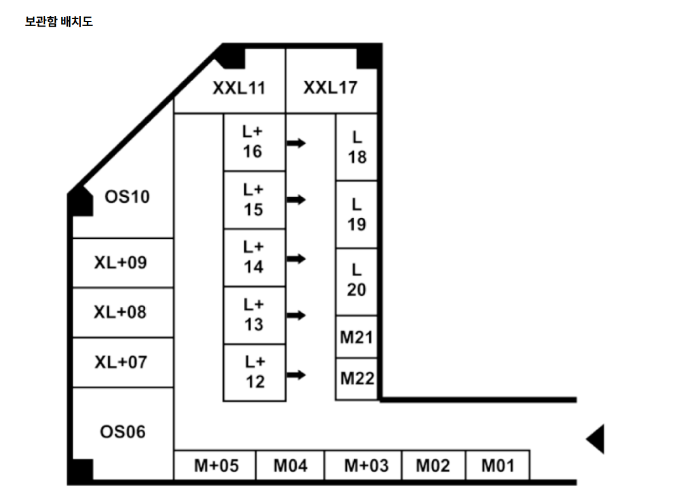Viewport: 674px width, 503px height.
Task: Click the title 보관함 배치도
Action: [59, 22]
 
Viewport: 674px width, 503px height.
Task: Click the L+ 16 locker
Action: [254, 142]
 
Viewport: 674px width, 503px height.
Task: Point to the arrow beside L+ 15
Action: [296, 200]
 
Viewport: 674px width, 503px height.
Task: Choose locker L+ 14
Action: [254, 258]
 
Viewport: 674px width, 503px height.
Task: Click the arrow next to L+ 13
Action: [296, 315]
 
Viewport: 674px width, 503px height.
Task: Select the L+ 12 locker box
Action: [254, 373]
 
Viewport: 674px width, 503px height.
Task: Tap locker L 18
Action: [356, 147]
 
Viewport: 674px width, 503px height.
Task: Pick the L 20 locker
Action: [356, 282]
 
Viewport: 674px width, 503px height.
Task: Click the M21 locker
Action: [356, 337]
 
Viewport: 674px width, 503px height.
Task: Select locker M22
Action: [356, 379]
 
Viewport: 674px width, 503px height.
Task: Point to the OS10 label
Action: [127, 197]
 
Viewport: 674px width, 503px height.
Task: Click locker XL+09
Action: [123, 263]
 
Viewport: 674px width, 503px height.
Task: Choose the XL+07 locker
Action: [123, 362]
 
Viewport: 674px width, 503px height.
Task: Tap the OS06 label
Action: [123, 431]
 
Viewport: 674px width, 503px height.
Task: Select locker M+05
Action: [215, 465]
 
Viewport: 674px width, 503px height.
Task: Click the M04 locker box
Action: [290, 465]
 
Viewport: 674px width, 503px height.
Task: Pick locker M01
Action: [498, 465]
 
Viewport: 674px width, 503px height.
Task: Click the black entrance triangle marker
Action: [597, 439]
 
